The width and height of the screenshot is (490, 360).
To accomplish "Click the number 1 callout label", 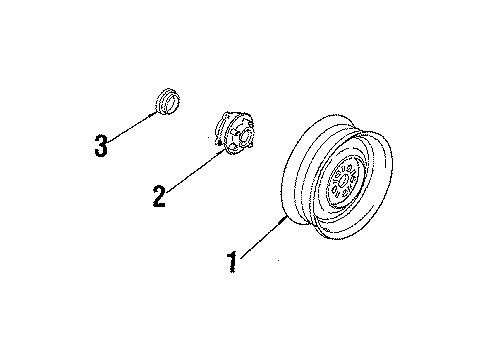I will tap(232, 262).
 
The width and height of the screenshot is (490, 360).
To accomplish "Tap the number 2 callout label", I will tap(158, 196).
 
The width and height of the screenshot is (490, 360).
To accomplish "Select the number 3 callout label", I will tap(100, 145).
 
